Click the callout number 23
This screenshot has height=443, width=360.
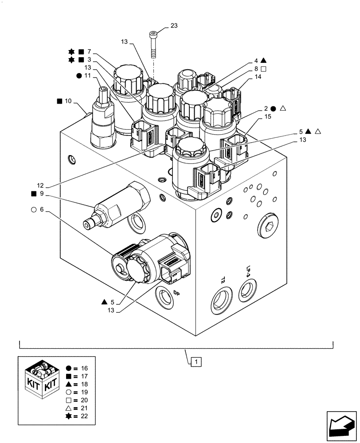click(173, 26)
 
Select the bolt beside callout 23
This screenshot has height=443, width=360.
click(153, 45)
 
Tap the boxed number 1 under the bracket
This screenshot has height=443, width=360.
click(197, 361)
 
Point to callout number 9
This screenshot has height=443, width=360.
click(41, 194)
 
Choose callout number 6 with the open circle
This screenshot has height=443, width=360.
click(41, 210)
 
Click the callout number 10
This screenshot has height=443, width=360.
click(67, 101)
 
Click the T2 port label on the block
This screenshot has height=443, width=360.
click(223, 280)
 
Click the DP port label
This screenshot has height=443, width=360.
click(176, 293)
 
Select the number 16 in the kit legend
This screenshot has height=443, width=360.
click(84, 368)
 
